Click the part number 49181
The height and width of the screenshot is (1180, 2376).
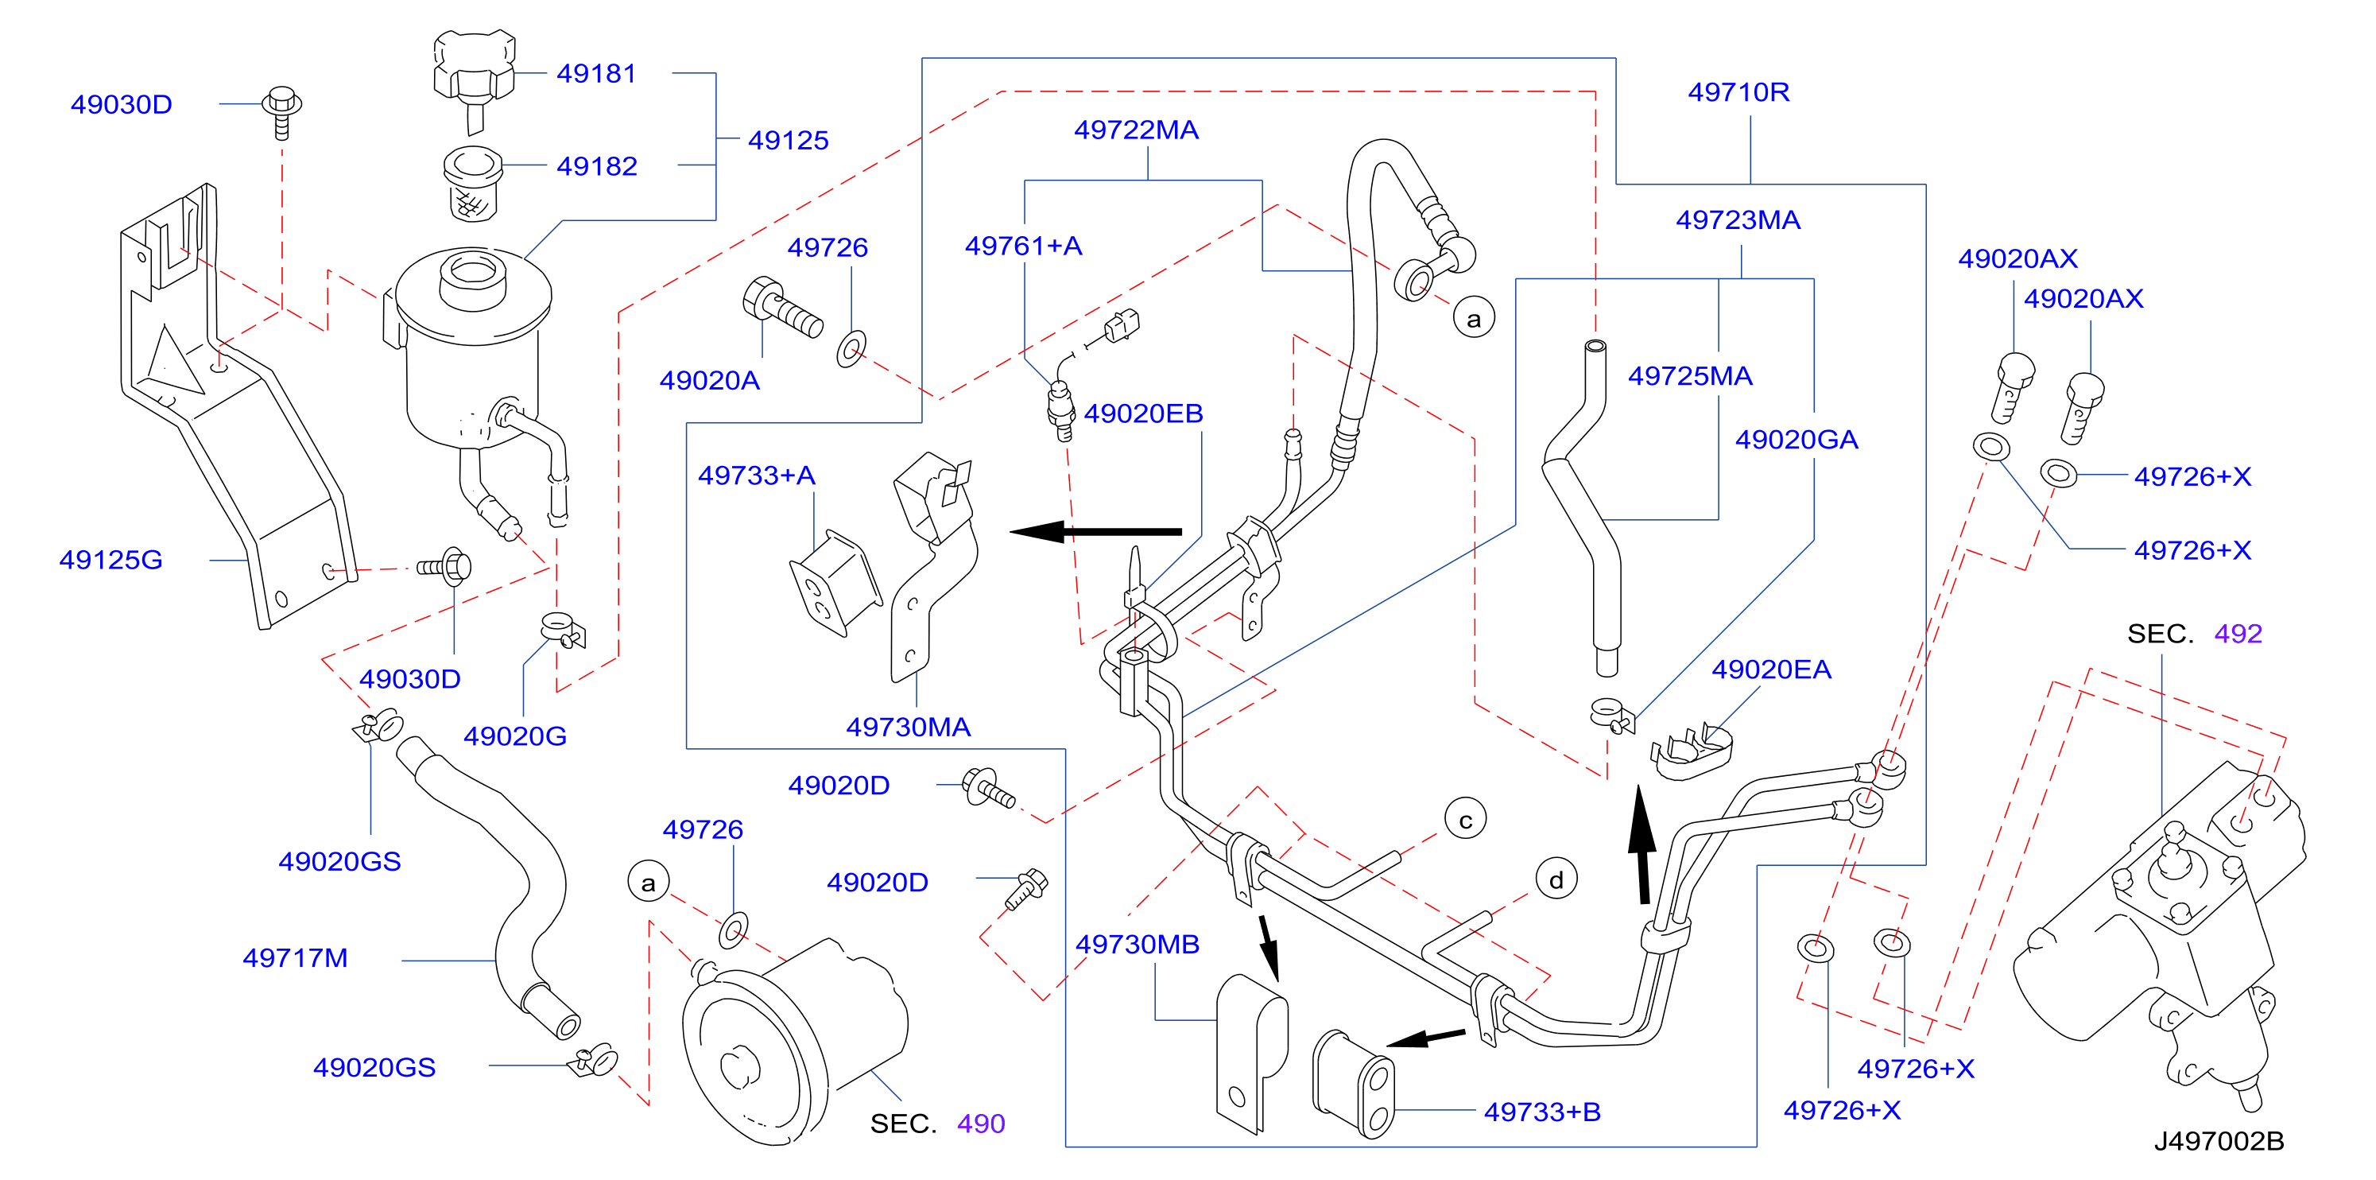[x=596, y=74]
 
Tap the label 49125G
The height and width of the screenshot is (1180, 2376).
[x=110, y=560]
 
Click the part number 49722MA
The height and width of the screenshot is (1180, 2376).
[x=1137, y=130]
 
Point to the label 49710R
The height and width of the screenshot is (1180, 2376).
[x=1738, y=92]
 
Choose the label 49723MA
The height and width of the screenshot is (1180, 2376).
[x=1738, y=220]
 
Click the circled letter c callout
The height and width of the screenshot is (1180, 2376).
[x=1466, y=819]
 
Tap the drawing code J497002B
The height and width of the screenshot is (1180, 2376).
[x=2219, y=1141]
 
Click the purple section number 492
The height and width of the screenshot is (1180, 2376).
[x=2238, y=634]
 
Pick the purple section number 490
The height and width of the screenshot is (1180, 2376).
[x=982, y=1124]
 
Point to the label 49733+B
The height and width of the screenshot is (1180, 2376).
[x=1542, y=1112]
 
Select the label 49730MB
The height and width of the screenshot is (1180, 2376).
[x=1138, y=945]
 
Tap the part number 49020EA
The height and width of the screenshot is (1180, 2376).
[x=1771, y=670]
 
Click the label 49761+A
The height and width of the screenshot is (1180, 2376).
[x=1024, y=246]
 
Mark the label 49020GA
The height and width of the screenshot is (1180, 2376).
[x=1797, y=440]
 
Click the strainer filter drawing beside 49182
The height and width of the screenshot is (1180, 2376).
[x=472, y=184]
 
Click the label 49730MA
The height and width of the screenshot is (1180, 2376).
[x=909, y=728]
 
